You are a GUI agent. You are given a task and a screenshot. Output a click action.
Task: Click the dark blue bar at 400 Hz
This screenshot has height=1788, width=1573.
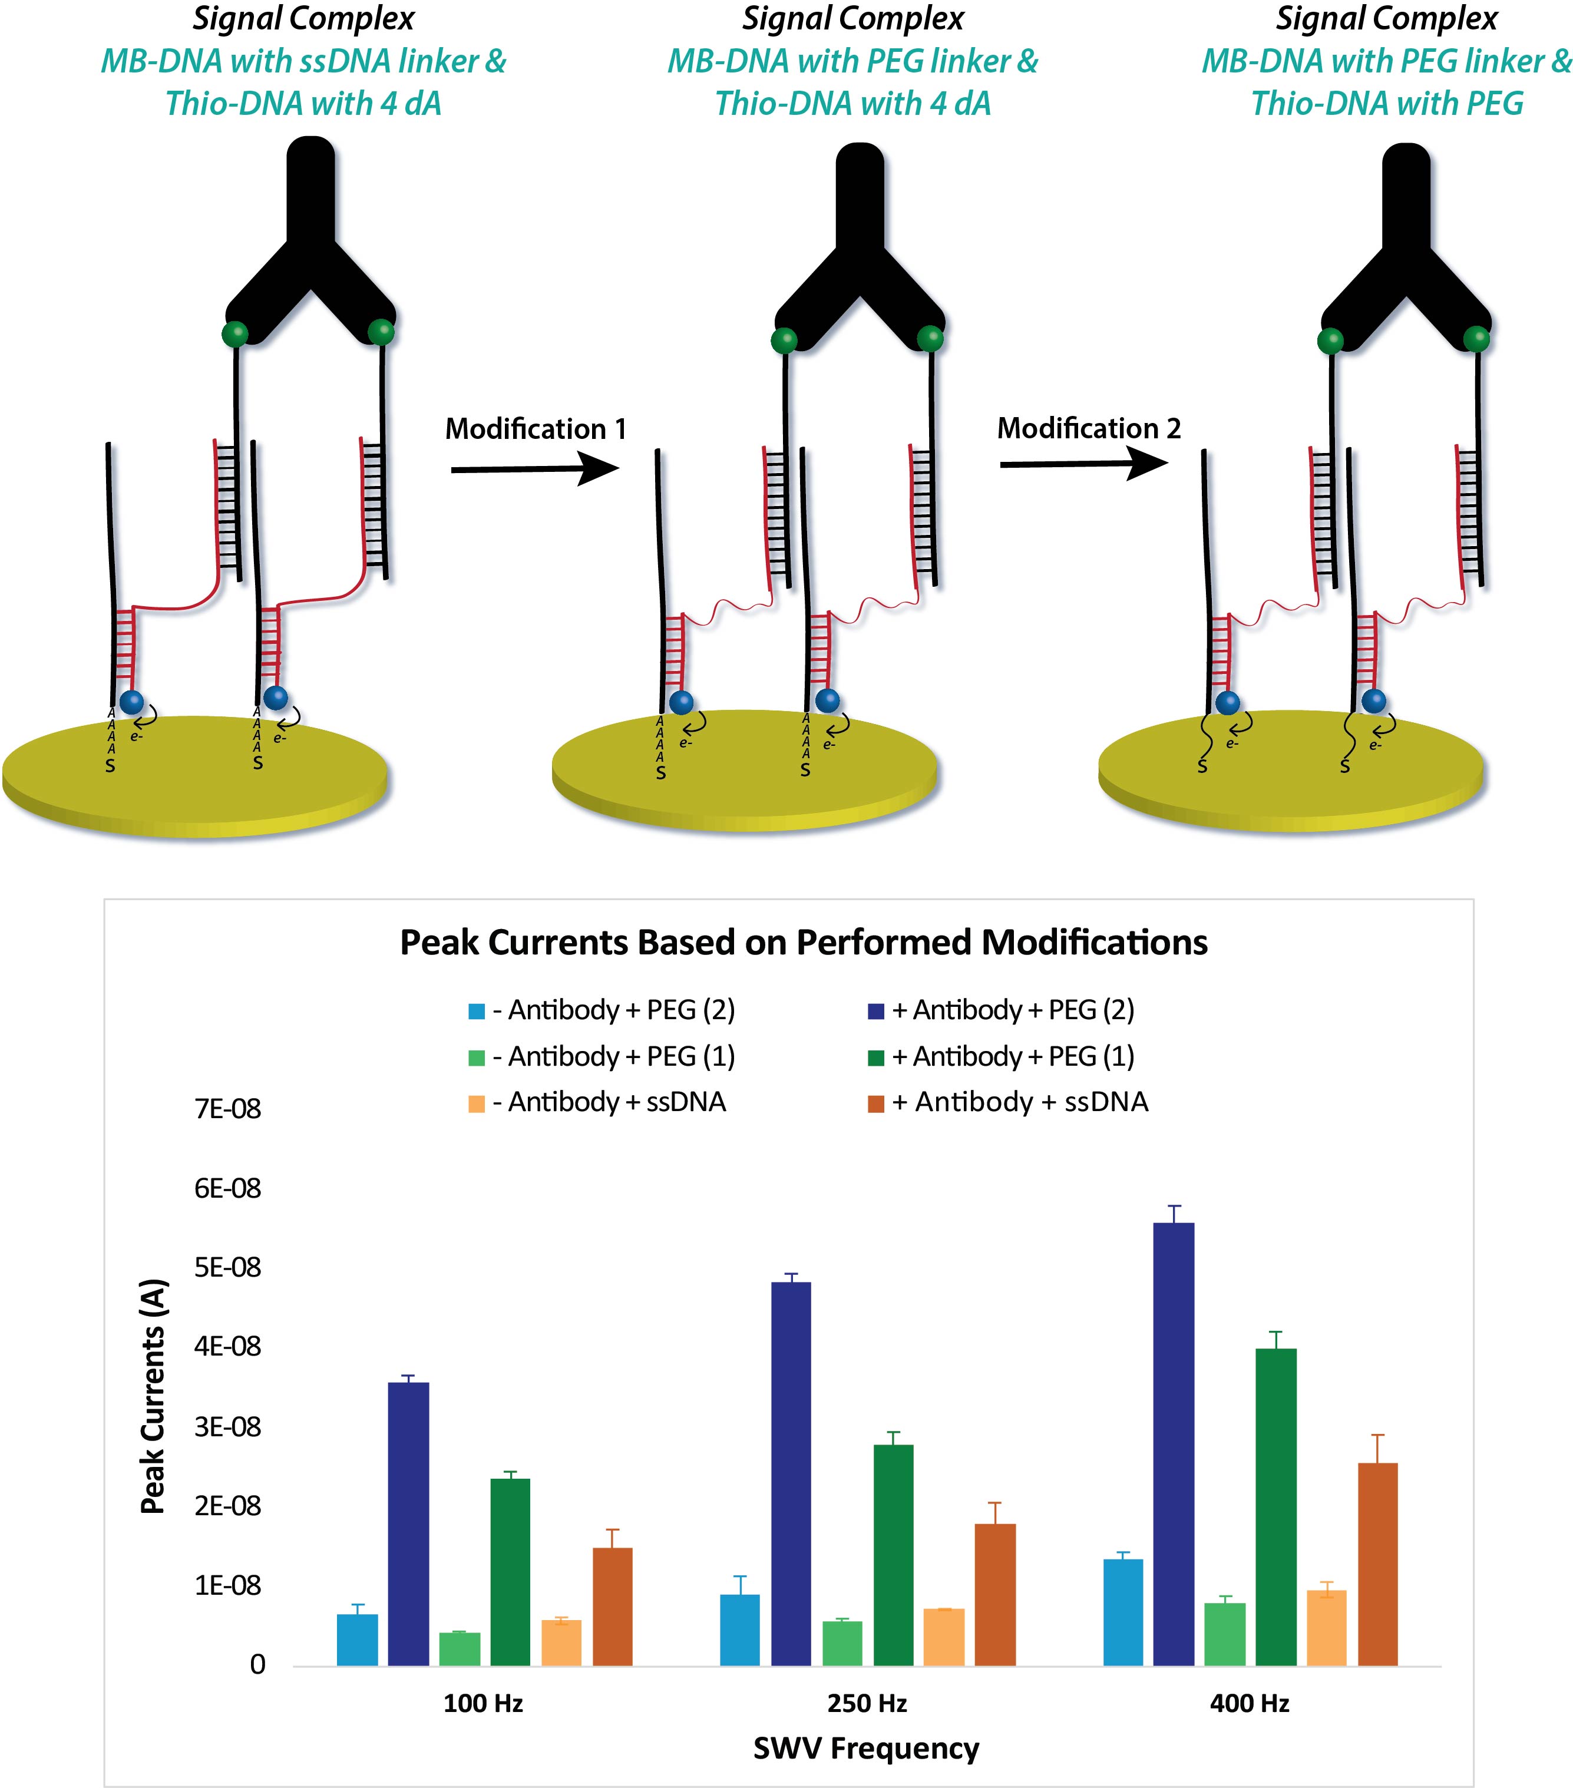point(1173,1443)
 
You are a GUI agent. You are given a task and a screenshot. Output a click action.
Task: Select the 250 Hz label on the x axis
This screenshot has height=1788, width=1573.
point(866,1703)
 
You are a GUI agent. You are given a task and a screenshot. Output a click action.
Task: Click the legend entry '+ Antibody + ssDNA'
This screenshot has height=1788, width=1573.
point(1019,1101)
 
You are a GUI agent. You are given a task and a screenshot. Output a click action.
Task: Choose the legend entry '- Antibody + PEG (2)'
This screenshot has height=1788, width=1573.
point(612,1010)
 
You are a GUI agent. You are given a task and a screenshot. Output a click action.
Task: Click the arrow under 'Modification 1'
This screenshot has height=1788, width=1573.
point(534,470)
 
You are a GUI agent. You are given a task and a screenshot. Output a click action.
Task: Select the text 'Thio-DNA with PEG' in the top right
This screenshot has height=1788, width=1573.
point(1387,103)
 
